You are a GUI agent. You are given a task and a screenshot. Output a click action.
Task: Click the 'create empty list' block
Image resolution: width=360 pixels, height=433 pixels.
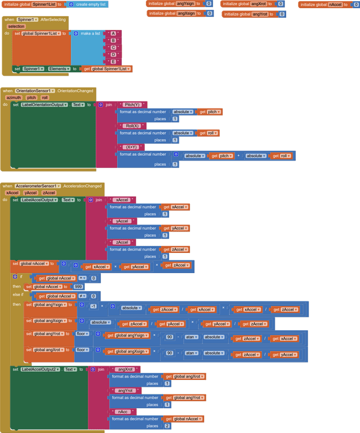90,4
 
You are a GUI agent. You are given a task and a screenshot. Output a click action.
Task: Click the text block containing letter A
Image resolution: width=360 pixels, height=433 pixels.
113,33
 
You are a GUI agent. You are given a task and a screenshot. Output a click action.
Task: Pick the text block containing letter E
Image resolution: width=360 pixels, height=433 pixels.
113,62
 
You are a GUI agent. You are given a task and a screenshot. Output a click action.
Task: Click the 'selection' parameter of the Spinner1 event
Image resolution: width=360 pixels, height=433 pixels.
16,27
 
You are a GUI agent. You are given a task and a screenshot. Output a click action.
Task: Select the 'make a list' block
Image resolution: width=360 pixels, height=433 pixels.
89,33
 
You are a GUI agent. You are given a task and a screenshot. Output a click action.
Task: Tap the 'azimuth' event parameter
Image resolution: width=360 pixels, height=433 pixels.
13,98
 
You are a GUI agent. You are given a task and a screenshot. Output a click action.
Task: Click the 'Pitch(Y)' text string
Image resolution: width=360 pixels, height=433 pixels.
133,104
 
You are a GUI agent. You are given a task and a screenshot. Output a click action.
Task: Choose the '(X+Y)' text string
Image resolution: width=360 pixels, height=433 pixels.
131,147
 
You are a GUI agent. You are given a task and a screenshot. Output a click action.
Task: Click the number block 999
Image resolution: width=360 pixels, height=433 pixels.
78,286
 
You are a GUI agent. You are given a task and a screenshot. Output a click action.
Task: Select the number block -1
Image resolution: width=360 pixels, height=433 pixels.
93,306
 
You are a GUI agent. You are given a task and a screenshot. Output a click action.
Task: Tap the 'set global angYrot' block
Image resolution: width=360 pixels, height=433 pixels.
46,334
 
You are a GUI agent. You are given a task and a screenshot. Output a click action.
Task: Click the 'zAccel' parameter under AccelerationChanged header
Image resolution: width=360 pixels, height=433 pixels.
49,193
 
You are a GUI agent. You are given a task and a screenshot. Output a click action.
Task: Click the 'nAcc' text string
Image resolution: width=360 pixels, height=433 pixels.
123,412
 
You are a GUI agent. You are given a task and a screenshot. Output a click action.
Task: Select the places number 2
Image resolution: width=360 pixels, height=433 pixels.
167,425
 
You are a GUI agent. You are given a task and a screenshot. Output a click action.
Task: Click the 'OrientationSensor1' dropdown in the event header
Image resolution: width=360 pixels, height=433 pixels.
35,91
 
